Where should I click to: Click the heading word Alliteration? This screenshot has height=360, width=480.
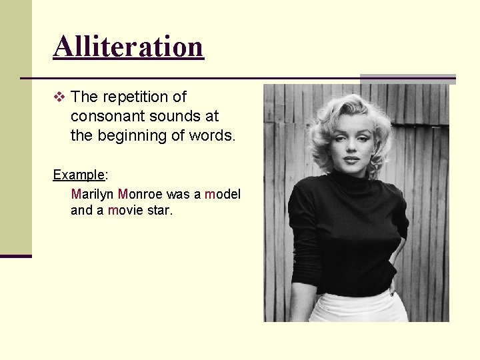pyautogui.click(x=128, y=47)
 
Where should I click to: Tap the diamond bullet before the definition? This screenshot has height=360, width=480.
pyautogui.click(x=59, y=97)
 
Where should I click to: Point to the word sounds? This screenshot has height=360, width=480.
pyautogui.click(x=170, y=116)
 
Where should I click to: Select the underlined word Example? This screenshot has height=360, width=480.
pyautogui.click(x=79, y=175)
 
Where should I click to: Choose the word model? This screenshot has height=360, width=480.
pyautogui.click(x=223, y=194)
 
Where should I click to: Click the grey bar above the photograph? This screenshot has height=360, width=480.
pyautogui.click(x=408, y=79)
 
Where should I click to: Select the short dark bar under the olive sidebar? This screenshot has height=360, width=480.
pyautogui.click(x=15, y=256)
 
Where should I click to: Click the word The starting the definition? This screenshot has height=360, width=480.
pyautogui.click(x=84, y=97)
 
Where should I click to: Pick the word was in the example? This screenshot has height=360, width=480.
pyautogui.click(x=178, y=194)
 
